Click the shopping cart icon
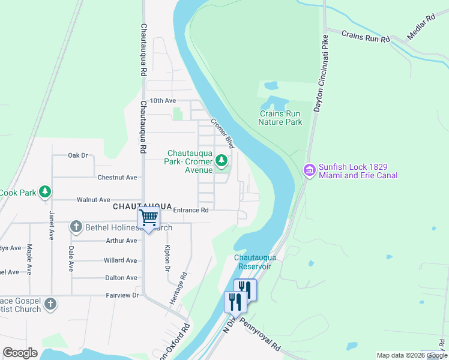click(148, 218)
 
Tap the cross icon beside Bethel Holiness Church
click(76, 227)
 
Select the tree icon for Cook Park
click(44, 192)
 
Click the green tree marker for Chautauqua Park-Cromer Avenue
click(221, 160)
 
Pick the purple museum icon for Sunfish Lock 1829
click(310, 170)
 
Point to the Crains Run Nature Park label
click(280, 118)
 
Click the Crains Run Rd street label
click(366, 36)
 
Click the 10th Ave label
click(163, 101)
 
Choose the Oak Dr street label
click(78, 155)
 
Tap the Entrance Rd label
click(190, 210)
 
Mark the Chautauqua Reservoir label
click(252, 262)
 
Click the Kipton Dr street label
click(167, 257)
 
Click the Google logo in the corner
click(20, 353)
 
